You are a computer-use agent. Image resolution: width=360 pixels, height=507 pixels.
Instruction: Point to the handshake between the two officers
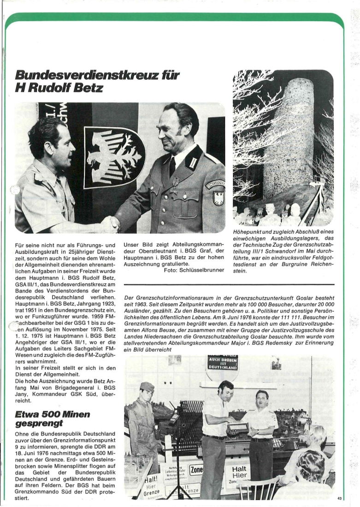coord(111,224)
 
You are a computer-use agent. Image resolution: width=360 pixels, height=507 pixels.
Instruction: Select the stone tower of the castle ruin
coord(289,138)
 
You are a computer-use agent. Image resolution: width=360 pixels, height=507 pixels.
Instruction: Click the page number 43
coord(340,498)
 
